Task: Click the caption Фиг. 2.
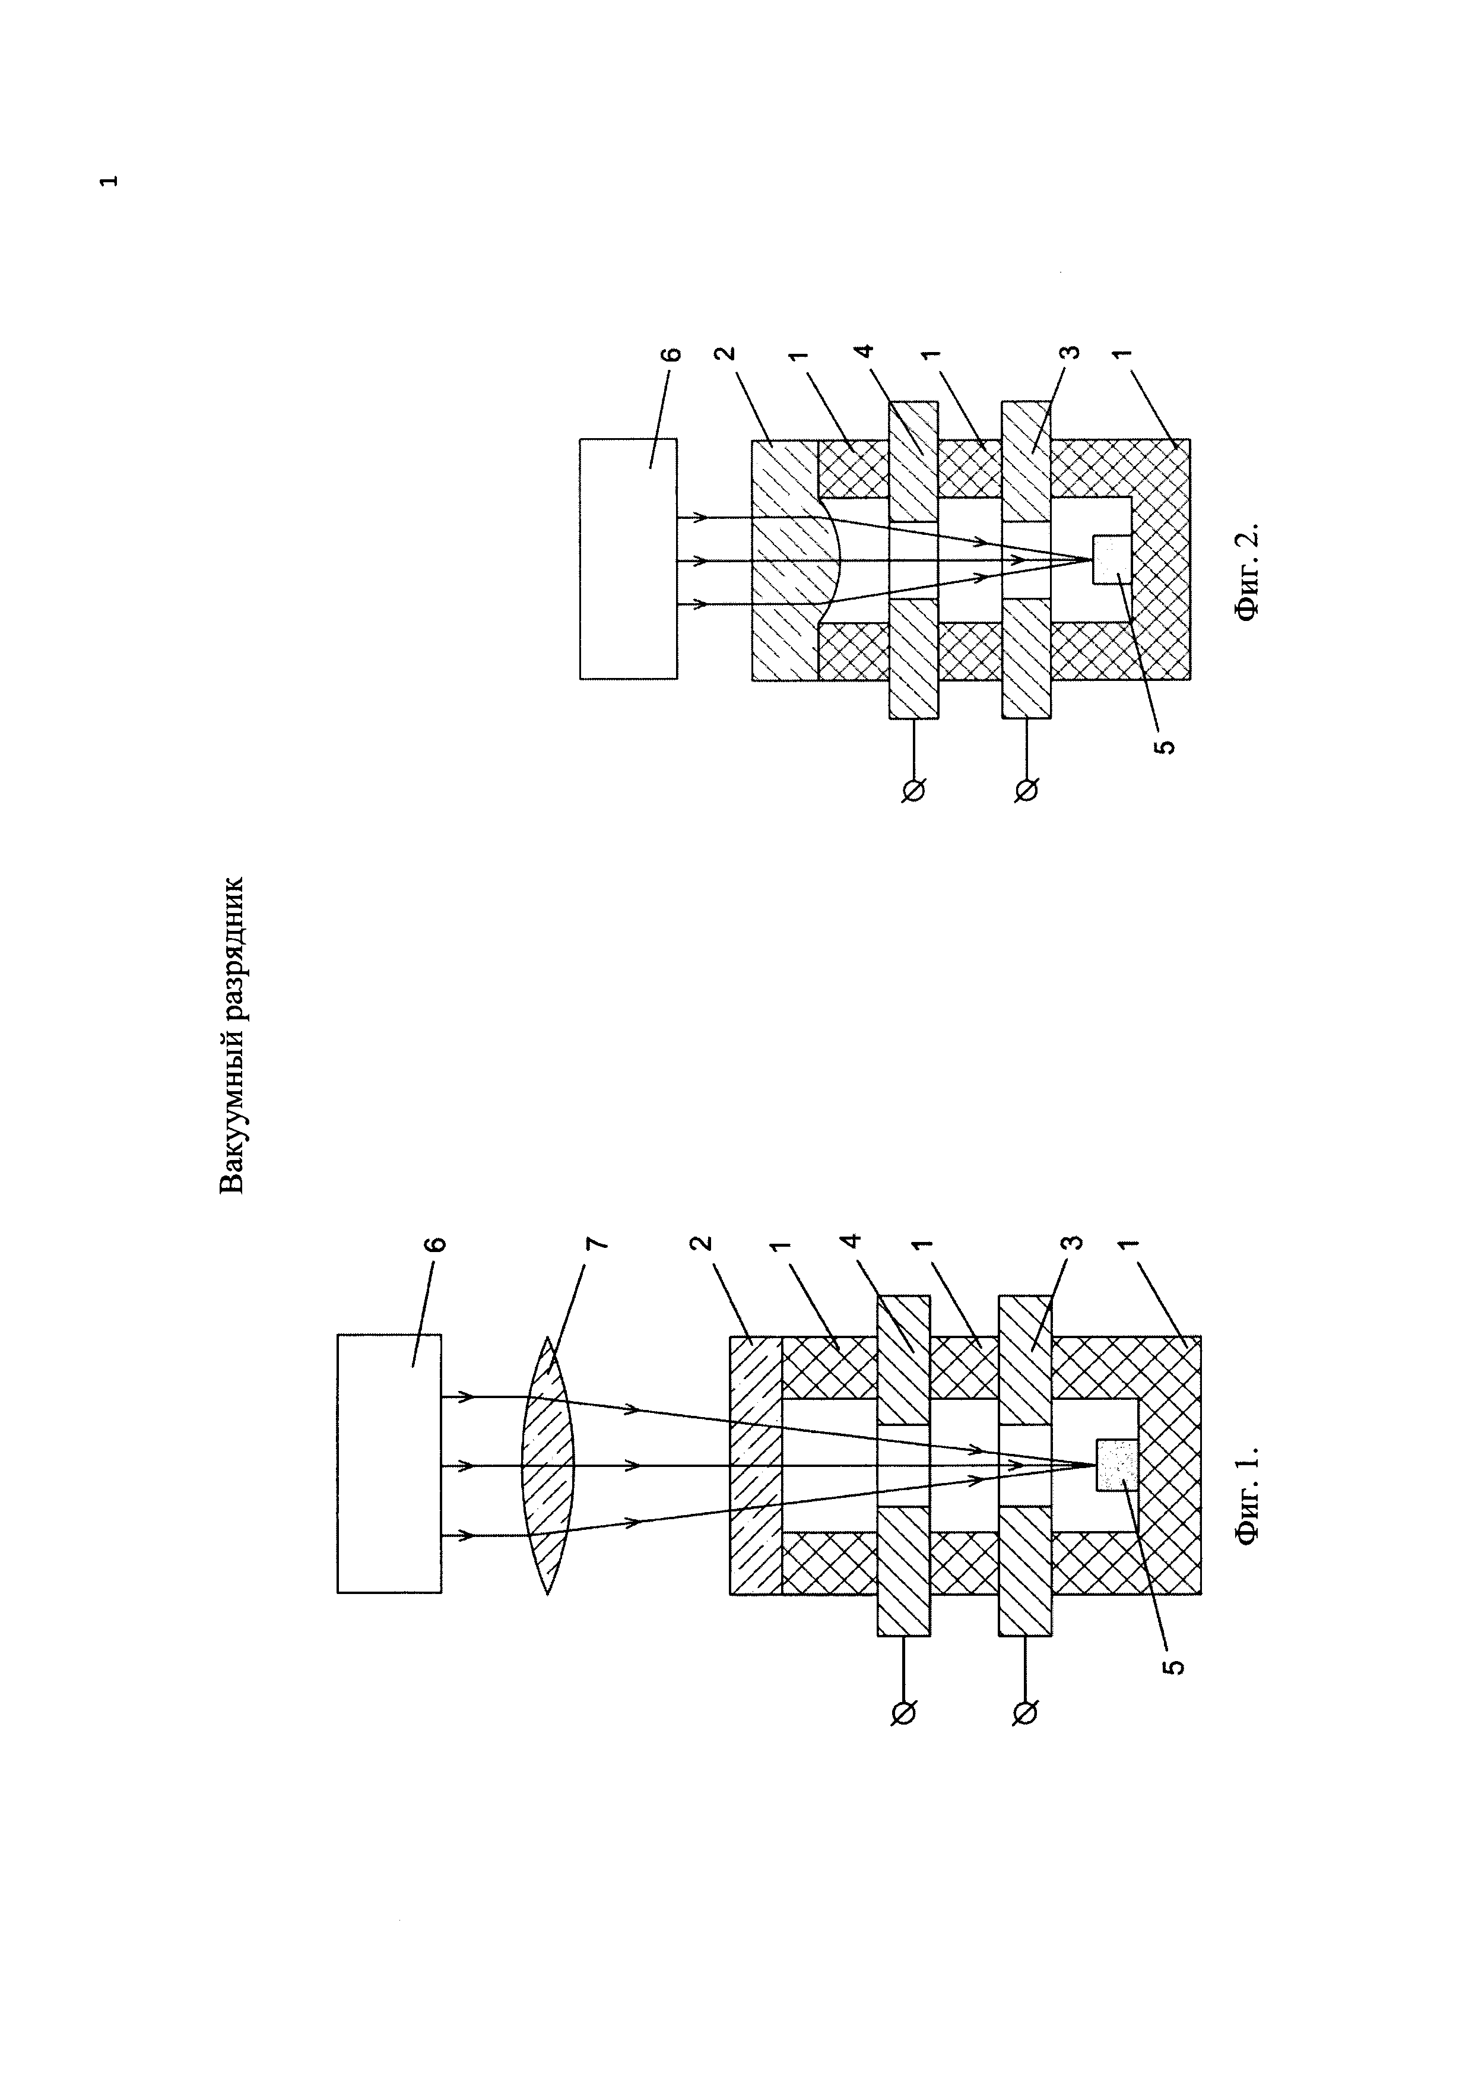coord(1248,571)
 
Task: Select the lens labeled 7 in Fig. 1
coord(549,1465)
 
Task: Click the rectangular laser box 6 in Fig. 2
coord(628,559)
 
